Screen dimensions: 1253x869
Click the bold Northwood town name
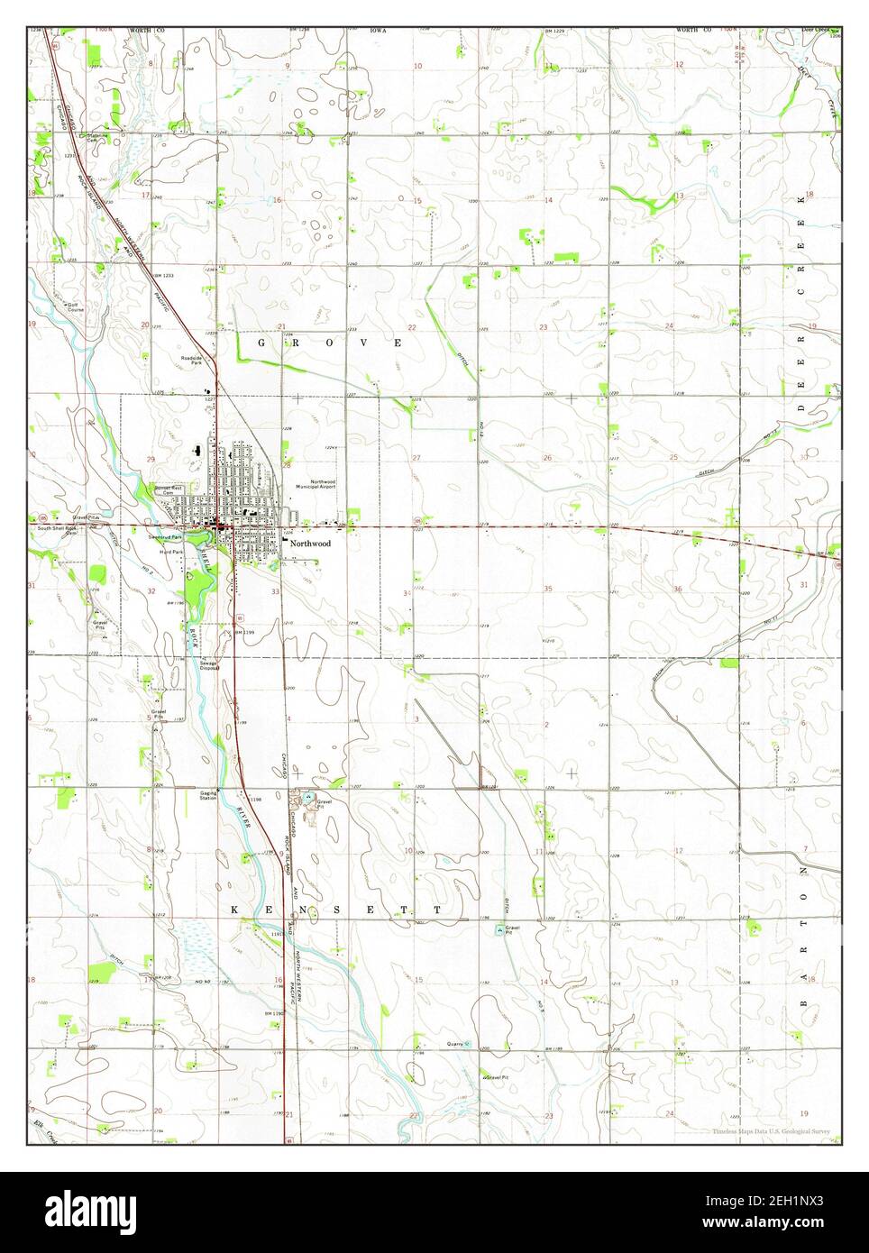click(310, 544)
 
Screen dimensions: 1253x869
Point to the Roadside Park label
click(191, 361)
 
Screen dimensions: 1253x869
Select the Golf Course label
click(75, 307)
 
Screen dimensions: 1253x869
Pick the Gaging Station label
click(207, 796)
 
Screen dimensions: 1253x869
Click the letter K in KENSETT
click(234, 910)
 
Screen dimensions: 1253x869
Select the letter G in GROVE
click(262, 343)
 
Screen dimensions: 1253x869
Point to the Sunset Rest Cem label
click(168, 490)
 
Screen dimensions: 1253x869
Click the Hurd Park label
click(171, 551)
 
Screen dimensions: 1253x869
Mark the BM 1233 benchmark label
click(164, 274)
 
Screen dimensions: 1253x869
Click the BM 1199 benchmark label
click(246, 633)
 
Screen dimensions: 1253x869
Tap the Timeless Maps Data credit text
click(771, 1130)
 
